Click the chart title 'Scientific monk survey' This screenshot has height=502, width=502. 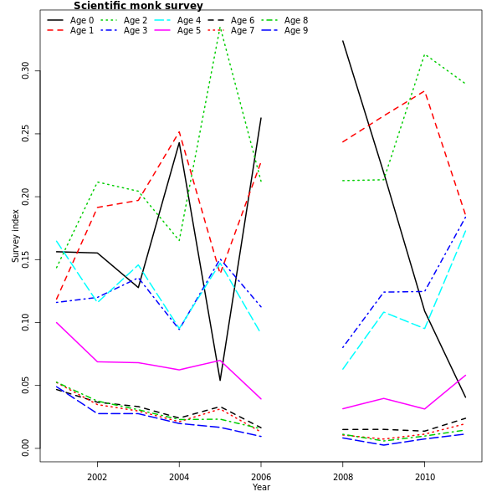point(138,6)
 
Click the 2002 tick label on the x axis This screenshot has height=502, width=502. point(97,477)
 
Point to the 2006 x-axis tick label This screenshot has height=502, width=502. point(261,477)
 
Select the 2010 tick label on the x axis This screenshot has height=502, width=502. point(425,477)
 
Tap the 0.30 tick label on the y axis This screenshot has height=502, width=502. point(25,69)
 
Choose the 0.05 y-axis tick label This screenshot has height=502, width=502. point(25,385)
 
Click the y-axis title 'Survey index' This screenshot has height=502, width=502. point(15,236)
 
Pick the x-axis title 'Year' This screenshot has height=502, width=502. point(261,487)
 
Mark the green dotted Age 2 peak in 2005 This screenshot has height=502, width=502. point(220,27)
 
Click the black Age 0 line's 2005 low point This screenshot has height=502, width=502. point(220,381)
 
